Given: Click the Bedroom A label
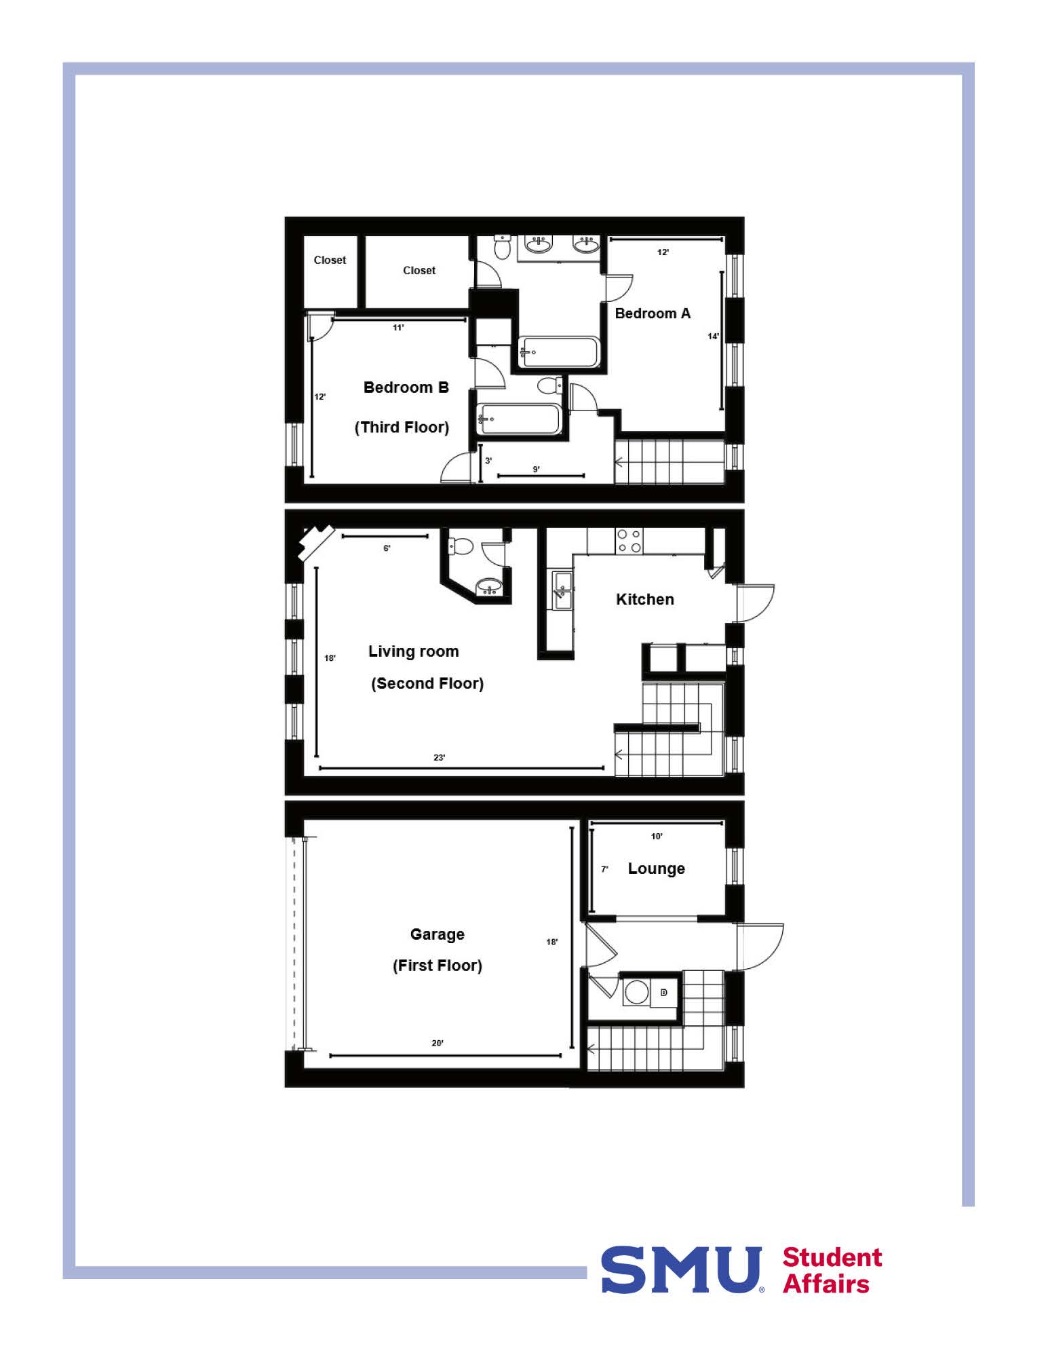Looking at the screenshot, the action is (x=653, y=313).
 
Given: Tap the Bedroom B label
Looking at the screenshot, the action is (x=406, y=387).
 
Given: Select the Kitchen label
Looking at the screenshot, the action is (x=645, y=599).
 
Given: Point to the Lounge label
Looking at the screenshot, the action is (x=656, y=868).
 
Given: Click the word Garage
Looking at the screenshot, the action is (x=438, y=934).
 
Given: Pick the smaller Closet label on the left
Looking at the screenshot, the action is (x=330, y=260).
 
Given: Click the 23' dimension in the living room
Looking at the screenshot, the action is (x=440, y=757).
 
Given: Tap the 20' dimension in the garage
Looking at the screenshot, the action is (x=438, y=1043).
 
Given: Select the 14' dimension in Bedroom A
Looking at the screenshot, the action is (x=713, y=336).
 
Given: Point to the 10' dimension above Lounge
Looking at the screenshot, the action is (x=657, y=836).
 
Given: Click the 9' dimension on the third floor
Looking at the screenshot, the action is (x=536, y=469).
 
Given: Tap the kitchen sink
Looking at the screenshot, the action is (x=562, y=590).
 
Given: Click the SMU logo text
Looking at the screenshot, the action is (x=682, y=1269).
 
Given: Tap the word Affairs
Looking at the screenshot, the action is (x=826, y=1284).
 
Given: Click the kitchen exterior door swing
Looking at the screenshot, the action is (x=755, y=603).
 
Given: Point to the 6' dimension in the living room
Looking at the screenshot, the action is (x=387, y=548).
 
